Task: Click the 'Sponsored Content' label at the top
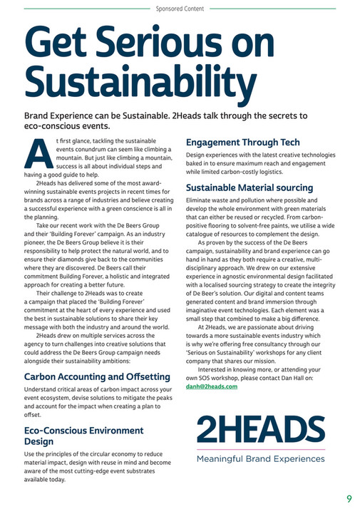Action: coord(180,9)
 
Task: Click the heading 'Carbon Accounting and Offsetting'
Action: coord(97,376)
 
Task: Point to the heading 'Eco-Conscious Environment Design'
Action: coord(83,436)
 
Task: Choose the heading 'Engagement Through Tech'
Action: coord(243,143)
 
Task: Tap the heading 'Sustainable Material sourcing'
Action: coord(250,188)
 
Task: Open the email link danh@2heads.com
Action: coord(212,386)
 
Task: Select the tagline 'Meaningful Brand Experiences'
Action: coord(260,458)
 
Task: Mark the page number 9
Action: coord(349,498)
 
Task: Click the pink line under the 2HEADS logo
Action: coord(260,450)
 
